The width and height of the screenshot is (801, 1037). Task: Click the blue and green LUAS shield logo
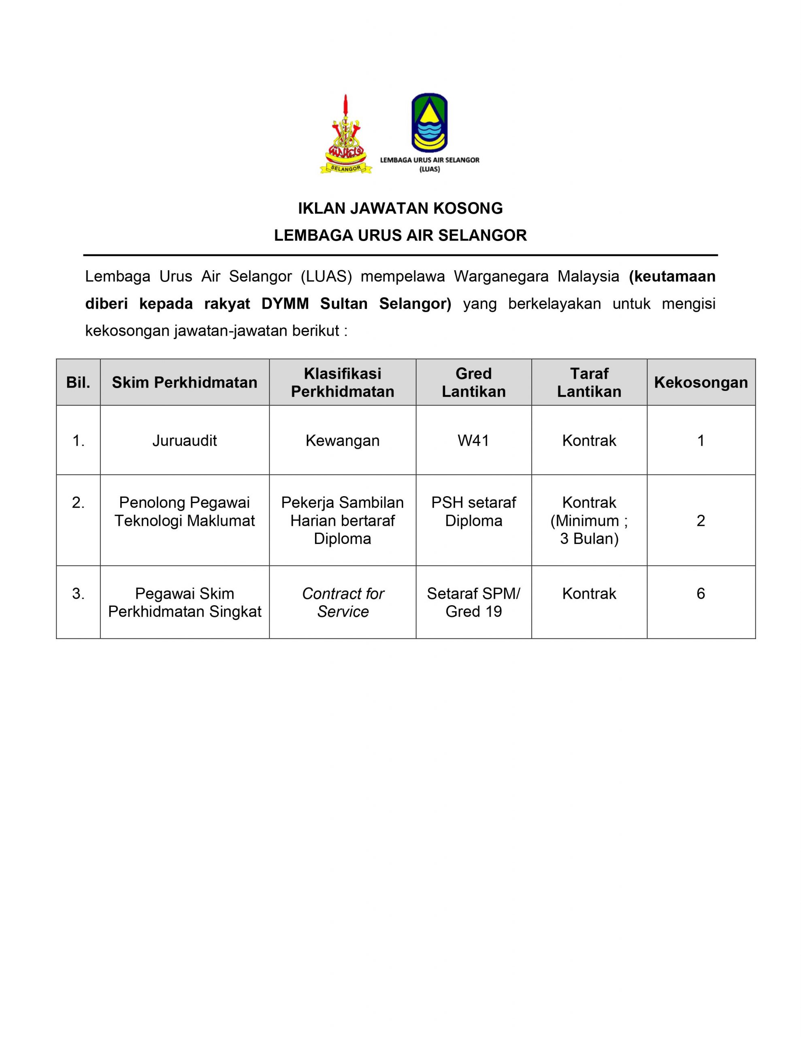click(429, 122)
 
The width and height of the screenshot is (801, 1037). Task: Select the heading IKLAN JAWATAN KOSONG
click(400, 209)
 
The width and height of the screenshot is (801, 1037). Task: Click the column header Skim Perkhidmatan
click(184, 382)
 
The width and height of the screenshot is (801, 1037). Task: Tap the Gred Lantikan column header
click(473, 382)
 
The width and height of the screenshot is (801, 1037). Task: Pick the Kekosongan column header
click(701, 382)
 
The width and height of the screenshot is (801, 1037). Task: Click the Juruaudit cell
click(184, 441)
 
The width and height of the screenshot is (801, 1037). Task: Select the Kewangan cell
click(342, 441)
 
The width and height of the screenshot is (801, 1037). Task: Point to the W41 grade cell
click(473, 441)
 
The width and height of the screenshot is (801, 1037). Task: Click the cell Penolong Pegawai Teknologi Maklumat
click(184, 511)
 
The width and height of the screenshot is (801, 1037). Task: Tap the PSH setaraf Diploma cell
click(473, 511)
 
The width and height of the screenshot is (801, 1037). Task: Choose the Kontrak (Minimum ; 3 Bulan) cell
click(589, 521)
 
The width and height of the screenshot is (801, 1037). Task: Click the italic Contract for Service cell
click(342, 602)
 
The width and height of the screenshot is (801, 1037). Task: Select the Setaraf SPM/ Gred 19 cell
click(473, 602)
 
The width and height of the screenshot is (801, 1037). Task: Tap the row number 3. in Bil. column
click(78, 593)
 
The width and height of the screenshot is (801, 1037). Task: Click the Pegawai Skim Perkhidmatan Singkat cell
click(184, 602)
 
